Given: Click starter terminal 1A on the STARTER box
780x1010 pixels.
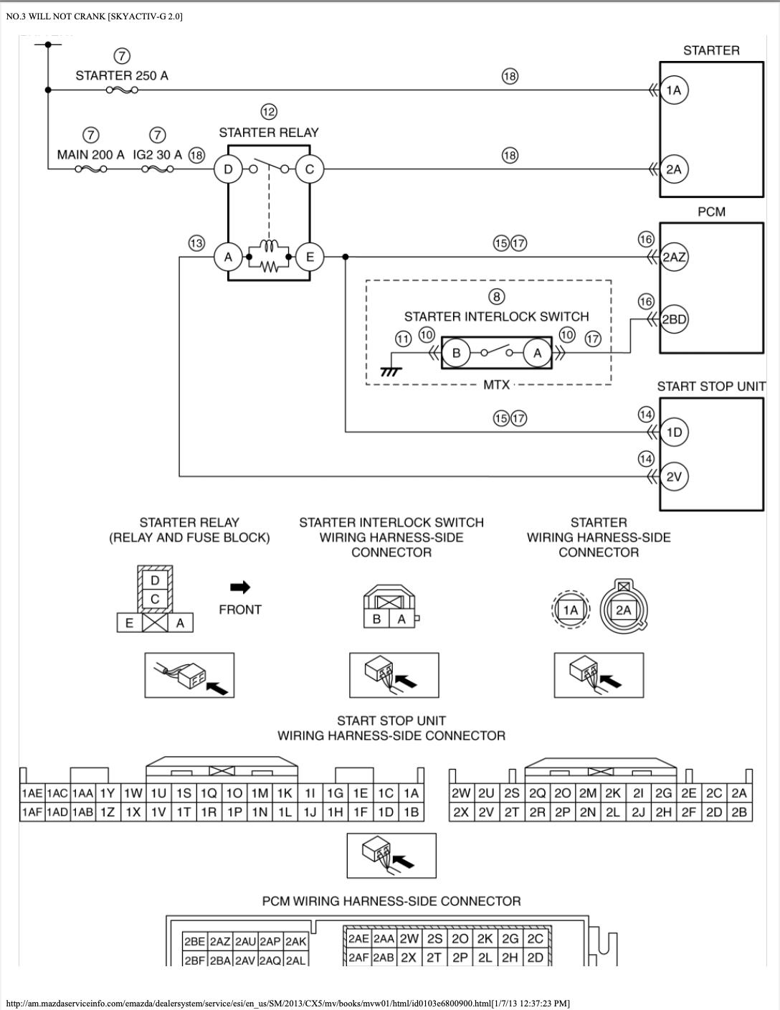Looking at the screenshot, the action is (674, 90).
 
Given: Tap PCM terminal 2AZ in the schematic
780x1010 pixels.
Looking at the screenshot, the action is (674, 257).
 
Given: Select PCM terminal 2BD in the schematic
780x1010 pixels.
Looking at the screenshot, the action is (674, 319).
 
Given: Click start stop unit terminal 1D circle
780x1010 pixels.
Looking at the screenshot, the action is (674, 433).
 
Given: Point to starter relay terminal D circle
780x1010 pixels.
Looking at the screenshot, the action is (228, 169).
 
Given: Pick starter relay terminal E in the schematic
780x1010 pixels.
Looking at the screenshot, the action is (310, 257).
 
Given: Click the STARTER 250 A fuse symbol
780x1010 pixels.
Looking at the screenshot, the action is (122, 90).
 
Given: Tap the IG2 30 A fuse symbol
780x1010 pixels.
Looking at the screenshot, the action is (158, 169).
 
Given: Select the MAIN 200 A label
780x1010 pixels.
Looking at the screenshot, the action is (90, 155).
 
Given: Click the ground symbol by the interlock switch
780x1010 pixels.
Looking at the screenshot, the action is (390, 372).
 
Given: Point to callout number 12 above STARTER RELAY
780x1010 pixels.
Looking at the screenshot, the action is (269, 112).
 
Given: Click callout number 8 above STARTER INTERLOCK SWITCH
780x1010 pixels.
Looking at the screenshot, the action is (497, 296).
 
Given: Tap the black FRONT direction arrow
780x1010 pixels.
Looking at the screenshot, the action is (240, 587).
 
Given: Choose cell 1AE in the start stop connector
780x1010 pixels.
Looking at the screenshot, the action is (32, 793).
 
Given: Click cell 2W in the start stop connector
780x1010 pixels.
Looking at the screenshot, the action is (461, 793).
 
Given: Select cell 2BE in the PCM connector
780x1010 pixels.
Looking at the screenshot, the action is (195, 942).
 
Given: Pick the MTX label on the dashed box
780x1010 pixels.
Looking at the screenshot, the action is (496, 385).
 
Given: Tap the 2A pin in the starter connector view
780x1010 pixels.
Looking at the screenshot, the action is (624, 610).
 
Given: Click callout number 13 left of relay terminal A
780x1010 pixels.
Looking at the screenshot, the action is (196, 243).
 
